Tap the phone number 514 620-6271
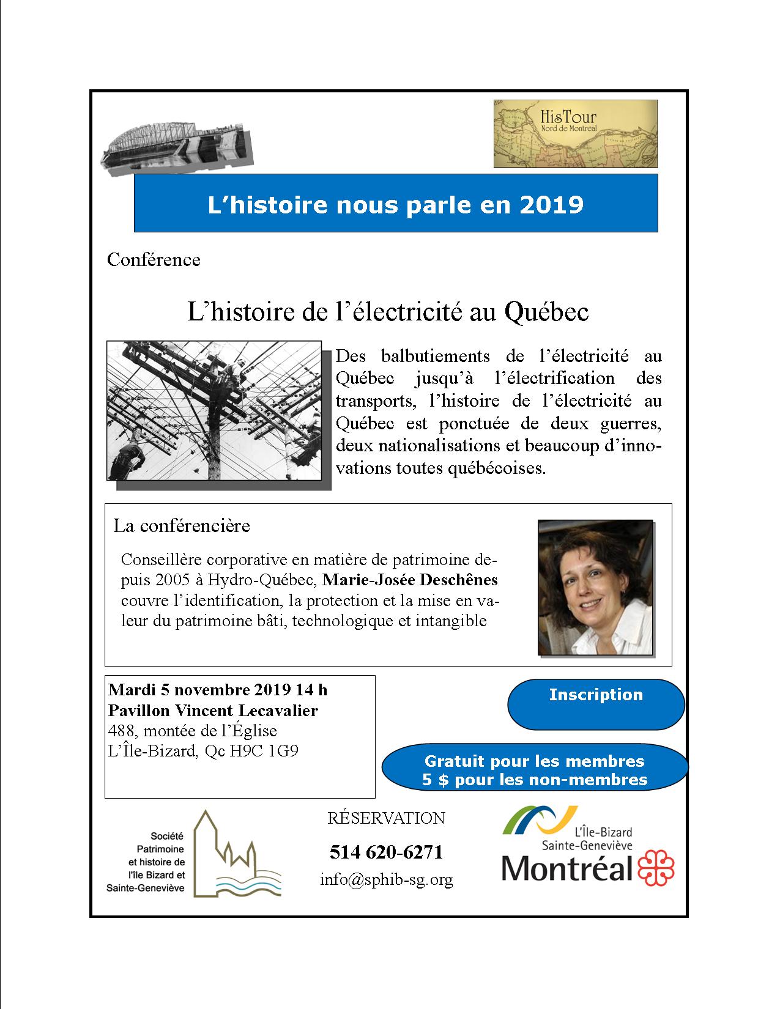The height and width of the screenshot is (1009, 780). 385,852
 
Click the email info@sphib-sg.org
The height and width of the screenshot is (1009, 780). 386,880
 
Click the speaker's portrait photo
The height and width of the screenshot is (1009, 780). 595,588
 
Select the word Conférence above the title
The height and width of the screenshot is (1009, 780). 154,260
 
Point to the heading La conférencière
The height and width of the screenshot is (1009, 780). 182,526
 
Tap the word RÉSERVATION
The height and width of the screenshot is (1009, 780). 386,818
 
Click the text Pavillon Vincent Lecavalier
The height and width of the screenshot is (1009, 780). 213,711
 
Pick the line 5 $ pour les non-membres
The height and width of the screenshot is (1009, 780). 534,780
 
